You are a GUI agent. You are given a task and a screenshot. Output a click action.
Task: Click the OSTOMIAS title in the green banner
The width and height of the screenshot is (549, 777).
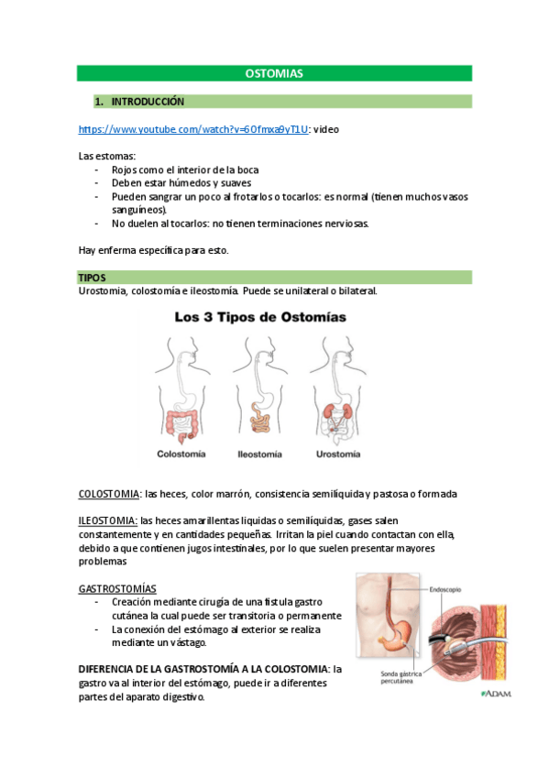pos(274,72)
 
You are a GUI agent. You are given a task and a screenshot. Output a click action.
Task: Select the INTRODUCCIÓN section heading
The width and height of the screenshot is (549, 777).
pos(148,101)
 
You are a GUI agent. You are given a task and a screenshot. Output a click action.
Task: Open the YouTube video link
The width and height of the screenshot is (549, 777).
pos(193,131)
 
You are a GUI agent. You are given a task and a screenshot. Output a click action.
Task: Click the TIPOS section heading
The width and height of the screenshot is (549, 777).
pos(93,277)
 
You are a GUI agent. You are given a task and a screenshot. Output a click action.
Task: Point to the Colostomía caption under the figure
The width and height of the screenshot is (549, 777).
pos(181,453)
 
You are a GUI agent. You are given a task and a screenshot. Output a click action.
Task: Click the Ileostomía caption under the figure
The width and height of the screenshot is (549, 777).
pos(258,453)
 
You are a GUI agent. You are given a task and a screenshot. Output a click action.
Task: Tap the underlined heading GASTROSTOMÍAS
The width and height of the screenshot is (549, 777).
pos(117,587)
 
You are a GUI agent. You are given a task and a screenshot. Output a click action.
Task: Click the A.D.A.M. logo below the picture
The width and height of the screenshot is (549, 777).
pos(494,694)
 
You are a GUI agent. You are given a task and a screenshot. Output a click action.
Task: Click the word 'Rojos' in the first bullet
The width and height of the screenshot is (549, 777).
pos(125,170)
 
